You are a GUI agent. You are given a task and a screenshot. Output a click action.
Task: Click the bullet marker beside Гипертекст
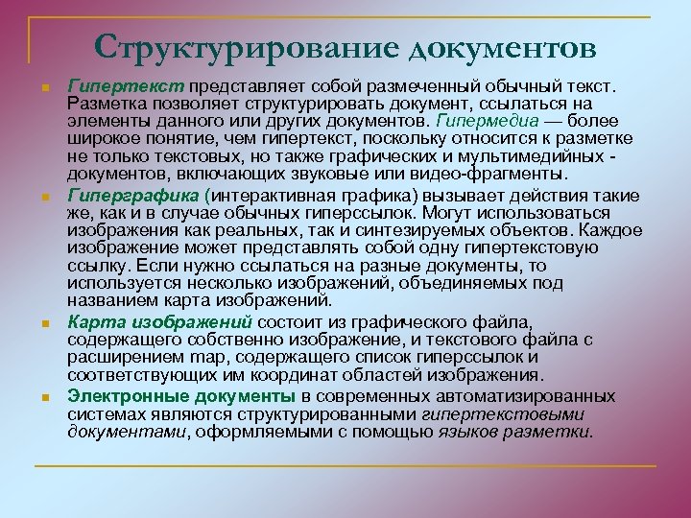pos(44,88)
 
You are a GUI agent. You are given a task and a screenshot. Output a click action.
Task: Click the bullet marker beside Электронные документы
pos(44,397)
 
